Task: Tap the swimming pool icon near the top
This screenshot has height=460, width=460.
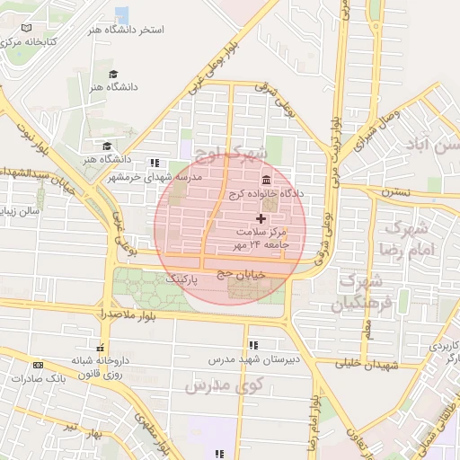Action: tap(121, 14)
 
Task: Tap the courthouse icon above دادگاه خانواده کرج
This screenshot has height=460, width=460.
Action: tap(266, 179)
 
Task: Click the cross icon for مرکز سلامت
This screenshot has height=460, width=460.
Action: tap(261, 218)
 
